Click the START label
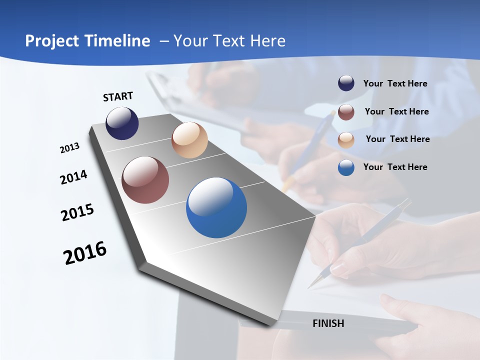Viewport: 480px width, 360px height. [118, 96]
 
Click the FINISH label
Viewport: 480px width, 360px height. [328, 323]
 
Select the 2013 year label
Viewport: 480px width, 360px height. [69, 148]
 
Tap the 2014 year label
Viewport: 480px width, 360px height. [73, 177]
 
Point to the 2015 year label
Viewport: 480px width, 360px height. [77, 212]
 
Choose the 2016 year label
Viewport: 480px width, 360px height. [85, 252]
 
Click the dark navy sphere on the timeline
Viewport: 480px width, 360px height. [122, 123]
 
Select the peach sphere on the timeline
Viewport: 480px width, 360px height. [189, 140]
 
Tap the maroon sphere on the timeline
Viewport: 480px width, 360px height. [145, 180]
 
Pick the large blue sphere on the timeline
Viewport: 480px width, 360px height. [216, 207]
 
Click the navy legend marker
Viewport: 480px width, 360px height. [346, 83]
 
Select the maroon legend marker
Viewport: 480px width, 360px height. [346, 111]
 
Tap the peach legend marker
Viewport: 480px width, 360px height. [346, 139]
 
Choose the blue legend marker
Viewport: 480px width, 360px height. [346, 167]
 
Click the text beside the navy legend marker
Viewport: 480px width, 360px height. [395, 83]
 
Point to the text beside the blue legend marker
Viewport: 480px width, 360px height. [395, 167]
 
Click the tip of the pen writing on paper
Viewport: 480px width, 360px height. [309, 287]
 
